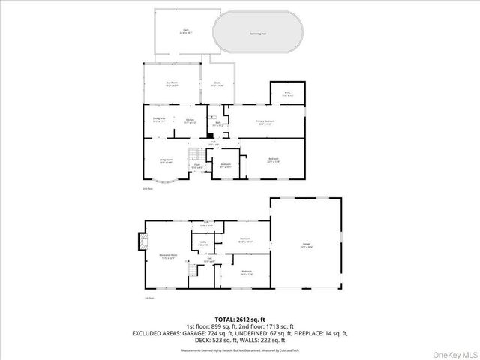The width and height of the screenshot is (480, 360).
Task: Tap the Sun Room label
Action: (x=172, y=84)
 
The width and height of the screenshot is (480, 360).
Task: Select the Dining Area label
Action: (x=159, y=120)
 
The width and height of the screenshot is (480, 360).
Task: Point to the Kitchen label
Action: (x=190, y=120)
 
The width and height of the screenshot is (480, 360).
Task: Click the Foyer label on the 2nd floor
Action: (x=197, y=167)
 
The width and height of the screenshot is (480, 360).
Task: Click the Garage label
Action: (x=306, y=245)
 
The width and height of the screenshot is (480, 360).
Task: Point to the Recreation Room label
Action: (x=167, y=256)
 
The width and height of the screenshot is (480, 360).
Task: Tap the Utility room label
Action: (x=202, y=242)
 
